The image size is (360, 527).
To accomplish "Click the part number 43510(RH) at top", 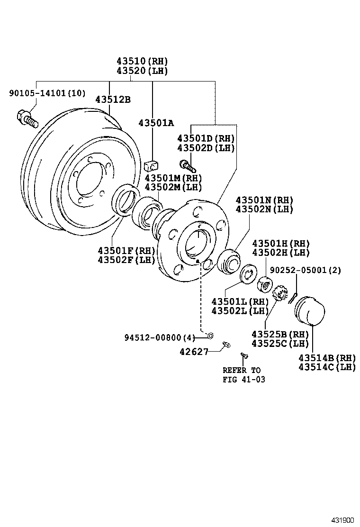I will (142, 61).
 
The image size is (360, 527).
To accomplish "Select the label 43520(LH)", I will (142, 71).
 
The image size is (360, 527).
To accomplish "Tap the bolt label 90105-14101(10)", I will (47, 93).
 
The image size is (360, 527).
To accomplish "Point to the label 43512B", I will (113, 100).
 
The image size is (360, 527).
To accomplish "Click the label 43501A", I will (156, 123).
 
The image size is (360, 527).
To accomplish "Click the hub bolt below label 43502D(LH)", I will (187, 165).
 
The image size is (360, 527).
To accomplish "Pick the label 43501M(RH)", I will (173, 178).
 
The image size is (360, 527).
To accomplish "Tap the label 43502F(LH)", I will (126, 260).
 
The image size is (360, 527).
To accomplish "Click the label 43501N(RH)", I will (264, 200).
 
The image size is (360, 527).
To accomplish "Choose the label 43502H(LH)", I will (280, 253).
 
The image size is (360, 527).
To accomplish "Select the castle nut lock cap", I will (281, 294).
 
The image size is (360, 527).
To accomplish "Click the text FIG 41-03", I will (244, 379).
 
